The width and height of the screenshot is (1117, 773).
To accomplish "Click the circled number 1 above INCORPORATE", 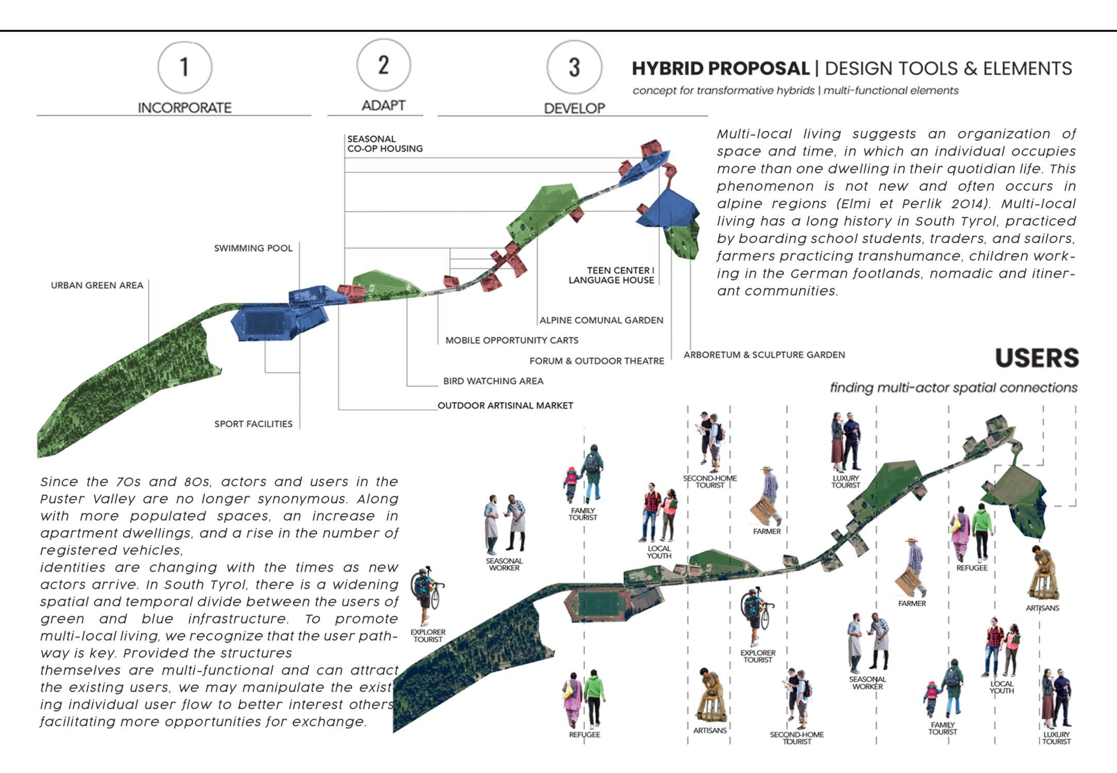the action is [x=185, y=68].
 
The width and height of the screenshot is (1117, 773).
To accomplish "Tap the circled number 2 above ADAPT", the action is [x=383, y=65].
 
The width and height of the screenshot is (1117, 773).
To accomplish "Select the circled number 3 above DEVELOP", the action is [x=574, y=67].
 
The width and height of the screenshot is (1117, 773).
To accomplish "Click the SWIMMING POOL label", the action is [x=253, y=248].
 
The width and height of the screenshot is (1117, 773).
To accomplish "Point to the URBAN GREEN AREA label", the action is [x=97, y=286].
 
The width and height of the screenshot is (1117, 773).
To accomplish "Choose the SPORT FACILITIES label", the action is [x=253, y=424].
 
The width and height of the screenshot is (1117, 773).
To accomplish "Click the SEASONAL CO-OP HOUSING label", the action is [x=385, y=144].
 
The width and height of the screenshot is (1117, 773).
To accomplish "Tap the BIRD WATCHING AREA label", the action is [x=493, y=381].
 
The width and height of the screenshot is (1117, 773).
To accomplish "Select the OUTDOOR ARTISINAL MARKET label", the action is [x=505, y=406].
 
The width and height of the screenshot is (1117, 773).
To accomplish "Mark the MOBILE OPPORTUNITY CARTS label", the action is [x=512, y=340].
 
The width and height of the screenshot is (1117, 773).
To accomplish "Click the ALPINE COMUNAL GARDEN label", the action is [x=601, y=320].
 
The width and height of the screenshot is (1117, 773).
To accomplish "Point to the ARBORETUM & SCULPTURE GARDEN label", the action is [x=764, y=355].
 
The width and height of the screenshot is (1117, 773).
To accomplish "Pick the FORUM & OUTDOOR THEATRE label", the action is [x=597, y=361].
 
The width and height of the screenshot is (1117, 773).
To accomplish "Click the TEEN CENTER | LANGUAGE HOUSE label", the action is [x=611, y=275].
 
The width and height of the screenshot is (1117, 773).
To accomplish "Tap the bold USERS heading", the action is [x=1037, y=358].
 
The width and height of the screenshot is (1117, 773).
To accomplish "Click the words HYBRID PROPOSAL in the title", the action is [x=720, y=69].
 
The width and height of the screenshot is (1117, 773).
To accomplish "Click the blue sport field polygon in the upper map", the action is [x=265, y=324].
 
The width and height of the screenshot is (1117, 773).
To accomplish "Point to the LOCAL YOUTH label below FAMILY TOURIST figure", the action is [x=659, y=552].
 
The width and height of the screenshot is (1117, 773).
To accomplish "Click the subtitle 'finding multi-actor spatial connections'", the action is [x=953, y=388].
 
